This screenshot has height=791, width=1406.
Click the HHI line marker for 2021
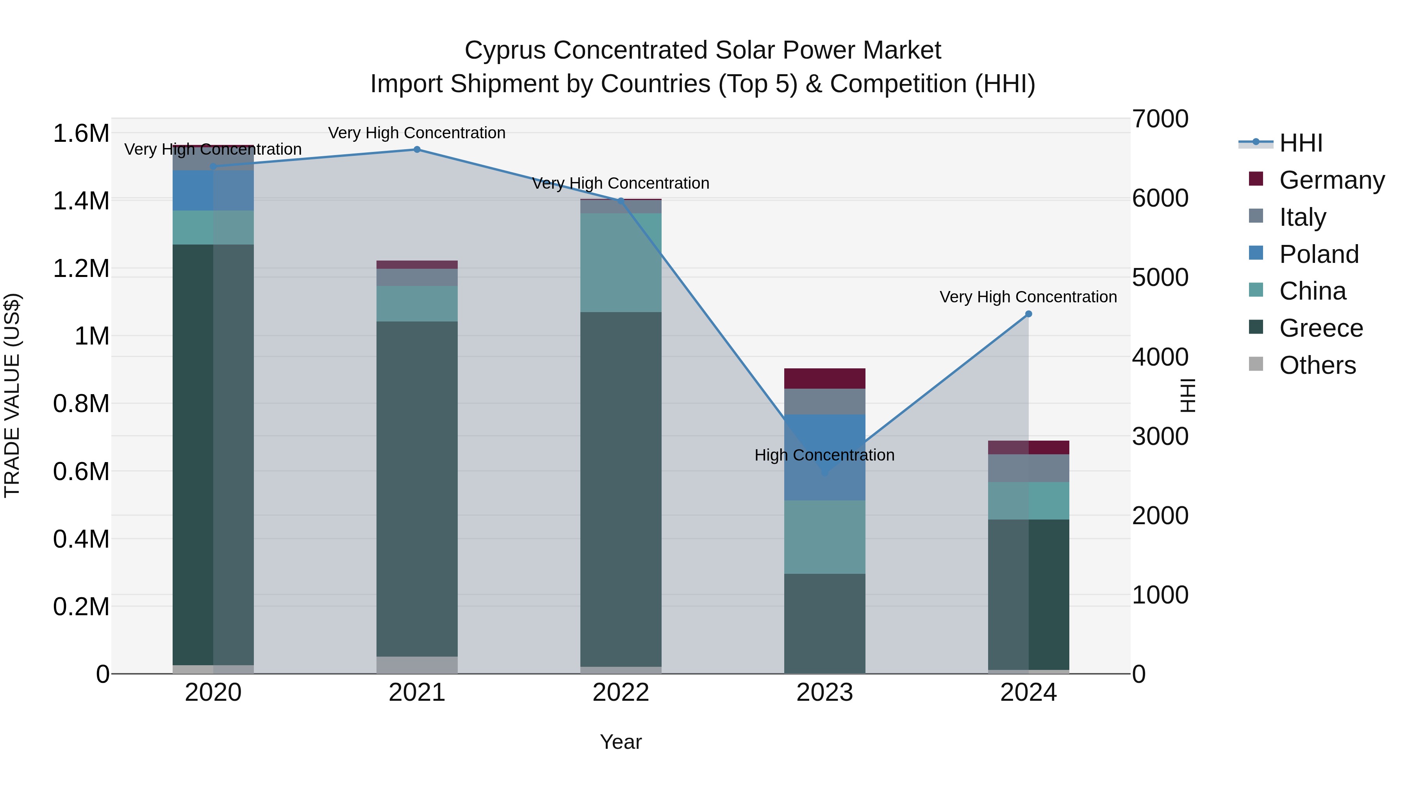pyautogui.click(x=417, y=150)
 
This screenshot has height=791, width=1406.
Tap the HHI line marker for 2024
pyautogui.click(x=1028, y=314)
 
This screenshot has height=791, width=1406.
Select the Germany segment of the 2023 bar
pyautogui.click(x=825, y=378)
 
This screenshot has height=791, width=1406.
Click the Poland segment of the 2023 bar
pyautogui.click(x=825, y=457)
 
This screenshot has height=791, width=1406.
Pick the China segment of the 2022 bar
pyautogui.click(x=621, y=262)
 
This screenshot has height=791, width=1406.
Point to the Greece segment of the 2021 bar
pyautogui.click(x=417, y=489)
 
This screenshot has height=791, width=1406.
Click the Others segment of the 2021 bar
pyautogui.click(x=417, y=664)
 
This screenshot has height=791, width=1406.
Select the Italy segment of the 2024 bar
pyautogui.click(x=1028, y=468)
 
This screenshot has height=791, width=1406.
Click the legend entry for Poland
pyautogui.click(x=1318, y=254)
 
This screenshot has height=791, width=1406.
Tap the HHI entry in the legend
pyautogui.click(x=1300, y=143)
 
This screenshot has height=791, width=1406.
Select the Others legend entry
pyautogui.click(x=1317, y=365)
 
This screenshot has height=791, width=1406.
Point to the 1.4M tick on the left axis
pyautogui.click(x=81, y=201)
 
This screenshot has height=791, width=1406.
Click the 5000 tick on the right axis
pyautogui.click(x=1160, y=277)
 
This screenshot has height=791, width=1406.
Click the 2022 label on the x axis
pyautogui.click(x=621, y=693)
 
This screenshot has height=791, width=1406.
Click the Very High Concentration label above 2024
pyautogui.click(x=1028, y=297)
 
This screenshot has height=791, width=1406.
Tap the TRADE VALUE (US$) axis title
pyautogui.click(x=12, y=395)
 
